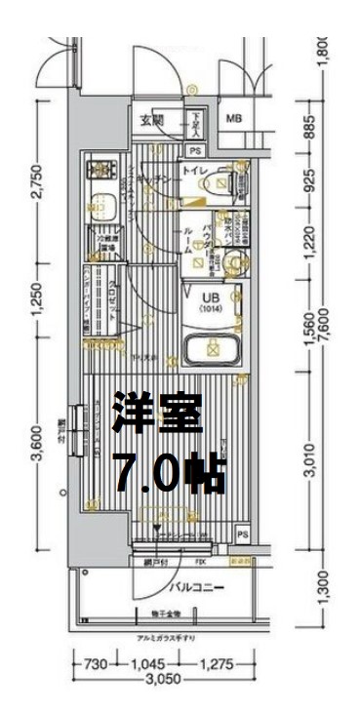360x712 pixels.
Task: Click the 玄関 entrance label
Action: pyautogui.click(x=151, y=121)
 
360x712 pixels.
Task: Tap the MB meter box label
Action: pyautogui.click(x=234, y=119)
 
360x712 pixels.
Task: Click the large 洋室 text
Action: pyautogui.click(x=158, y=415)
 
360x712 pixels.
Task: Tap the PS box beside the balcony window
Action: pyautogui.click(x=241, y=535)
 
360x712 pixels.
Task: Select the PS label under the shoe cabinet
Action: pyautogui.click(x=195, y=150)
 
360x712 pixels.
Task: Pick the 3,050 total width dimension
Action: pyautogui.click(x=162, y=682)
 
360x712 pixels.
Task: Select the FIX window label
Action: pyautogui.click(x=200, y=563)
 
